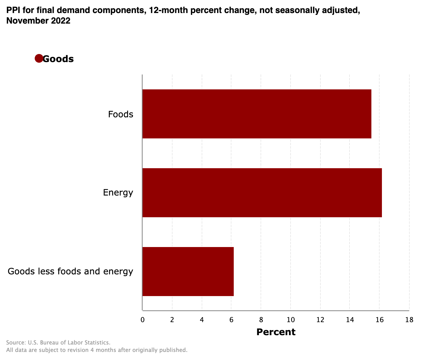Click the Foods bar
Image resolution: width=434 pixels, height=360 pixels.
[257, 114]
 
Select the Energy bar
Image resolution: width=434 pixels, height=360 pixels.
[262, 193]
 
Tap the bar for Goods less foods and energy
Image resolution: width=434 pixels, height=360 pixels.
[188, 272]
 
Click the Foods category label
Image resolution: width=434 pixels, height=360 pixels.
[121, 115]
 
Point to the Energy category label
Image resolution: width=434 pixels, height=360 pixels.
[118, 193]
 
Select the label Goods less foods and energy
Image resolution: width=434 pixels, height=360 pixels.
[70, 272]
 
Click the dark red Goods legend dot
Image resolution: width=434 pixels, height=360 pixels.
[39, 58]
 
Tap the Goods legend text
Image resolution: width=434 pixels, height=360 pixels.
[58, 59]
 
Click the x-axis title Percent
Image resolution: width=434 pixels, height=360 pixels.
[276, 332]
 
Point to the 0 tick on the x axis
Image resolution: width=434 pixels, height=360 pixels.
[143, 320]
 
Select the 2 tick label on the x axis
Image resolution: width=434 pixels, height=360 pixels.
[172, 320]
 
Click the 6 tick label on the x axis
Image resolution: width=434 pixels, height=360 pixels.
[231, 320]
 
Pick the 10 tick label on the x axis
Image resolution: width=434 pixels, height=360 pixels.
[290, 320]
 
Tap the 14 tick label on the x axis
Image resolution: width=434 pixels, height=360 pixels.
[350, 320]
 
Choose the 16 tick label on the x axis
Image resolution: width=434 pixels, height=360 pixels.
[379, 320]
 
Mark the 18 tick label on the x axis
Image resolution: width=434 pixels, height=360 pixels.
[409, 320]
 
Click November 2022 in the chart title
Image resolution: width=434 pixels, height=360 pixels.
[38, 21]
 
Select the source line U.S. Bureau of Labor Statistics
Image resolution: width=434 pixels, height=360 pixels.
[58, 343]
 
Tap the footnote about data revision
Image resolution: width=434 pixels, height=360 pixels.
[97, 350]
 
